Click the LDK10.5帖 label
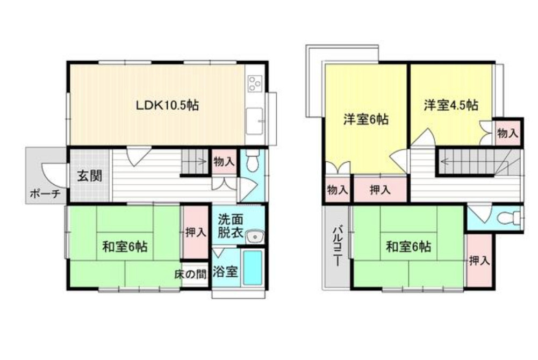[x=167, y=105]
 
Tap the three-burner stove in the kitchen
[x=254, y=83]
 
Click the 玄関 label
[x=89, y=176]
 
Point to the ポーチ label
[x=45, y=194]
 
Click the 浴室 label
[x=225, y=271]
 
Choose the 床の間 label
[x=190, y=273]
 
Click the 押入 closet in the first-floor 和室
[x=195, y=233]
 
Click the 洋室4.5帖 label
[x=450, y=105]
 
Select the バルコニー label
[x=337, y=247]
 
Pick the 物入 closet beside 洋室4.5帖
[x=507, y=133]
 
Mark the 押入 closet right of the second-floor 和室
[x=479, y=261]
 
